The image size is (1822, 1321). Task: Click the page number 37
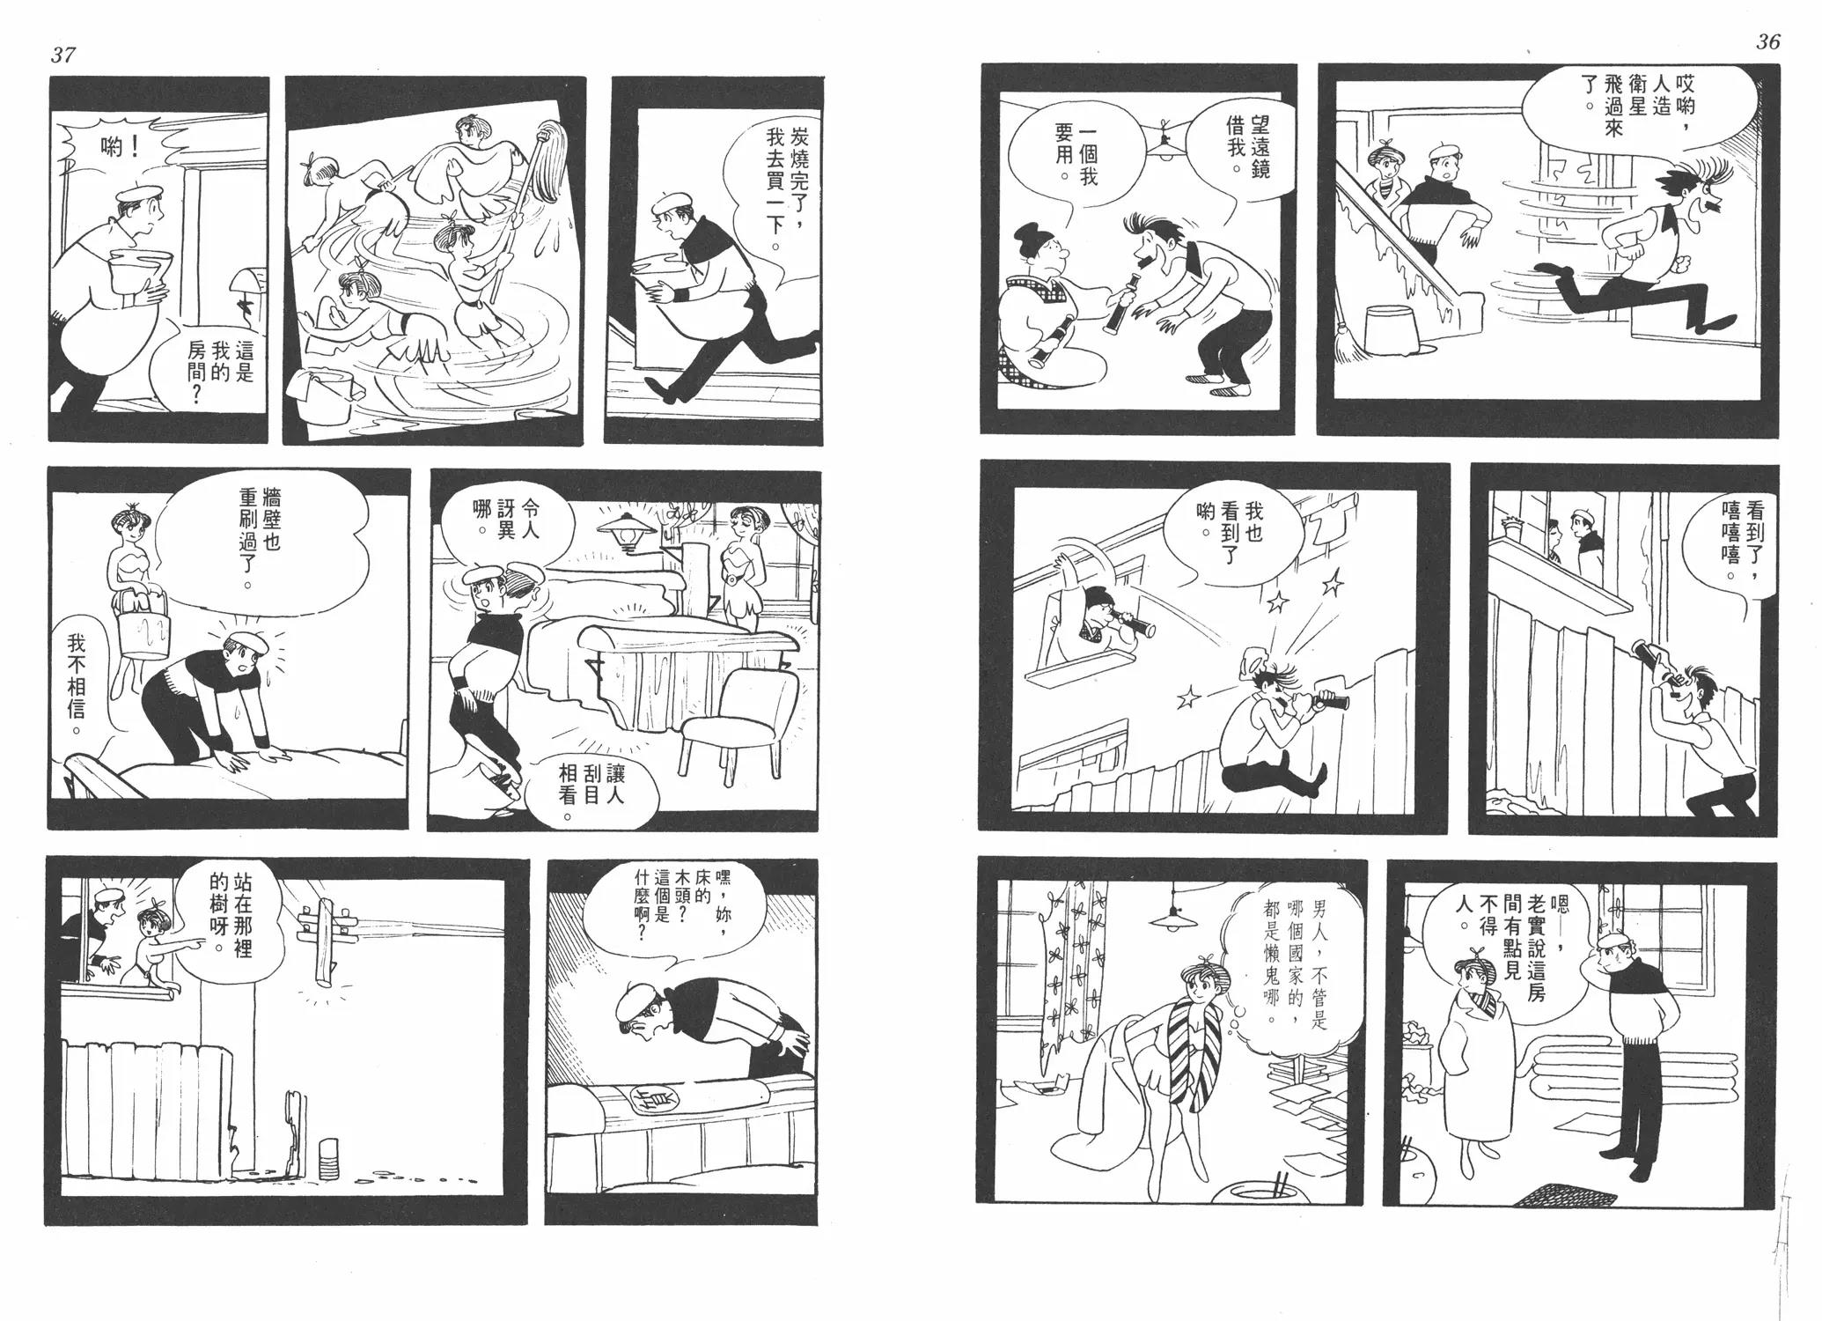(62, 55)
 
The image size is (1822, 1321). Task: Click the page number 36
(1767, 42)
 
